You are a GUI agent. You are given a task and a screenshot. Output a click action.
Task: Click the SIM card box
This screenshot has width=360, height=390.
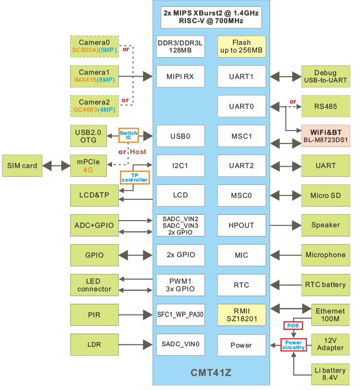tap(22, 166)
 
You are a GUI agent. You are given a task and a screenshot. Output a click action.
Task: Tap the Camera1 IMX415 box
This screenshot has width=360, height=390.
tap(94, 76)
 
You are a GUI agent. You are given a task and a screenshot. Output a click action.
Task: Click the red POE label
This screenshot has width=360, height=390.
tap(293, 326)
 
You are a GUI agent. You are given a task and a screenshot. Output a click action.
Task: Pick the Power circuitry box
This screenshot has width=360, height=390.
tap(294, 345)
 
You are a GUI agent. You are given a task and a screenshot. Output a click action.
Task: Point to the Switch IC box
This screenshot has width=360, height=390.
tap(129, 135)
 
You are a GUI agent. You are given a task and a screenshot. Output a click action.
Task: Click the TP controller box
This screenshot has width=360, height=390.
tap(135, 177)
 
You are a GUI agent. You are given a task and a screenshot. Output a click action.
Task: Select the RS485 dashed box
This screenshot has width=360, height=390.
tap(325, 106)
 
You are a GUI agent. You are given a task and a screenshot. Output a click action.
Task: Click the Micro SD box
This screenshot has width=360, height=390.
tap(325, 195)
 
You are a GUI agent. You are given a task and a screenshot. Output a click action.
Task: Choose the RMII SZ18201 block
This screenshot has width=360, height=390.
tap(241, 315)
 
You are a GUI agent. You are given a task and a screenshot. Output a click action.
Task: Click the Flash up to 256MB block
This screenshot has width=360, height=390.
tap(241, 47)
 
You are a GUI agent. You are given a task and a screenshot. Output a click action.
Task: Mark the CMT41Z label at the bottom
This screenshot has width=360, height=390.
tap(211, 372)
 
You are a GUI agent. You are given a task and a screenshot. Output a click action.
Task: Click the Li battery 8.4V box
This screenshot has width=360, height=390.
tap(330, 374)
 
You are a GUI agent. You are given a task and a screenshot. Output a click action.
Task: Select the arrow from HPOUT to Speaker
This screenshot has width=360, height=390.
tap(284, 225)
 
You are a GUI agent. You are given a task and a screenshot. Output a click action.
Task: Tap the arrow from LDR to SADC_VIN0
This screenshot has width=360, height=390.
tap(135, 345)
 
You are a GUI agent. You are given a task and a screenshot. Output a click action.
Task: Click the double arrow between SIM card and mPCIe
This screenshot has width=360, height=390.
tap(57, 166)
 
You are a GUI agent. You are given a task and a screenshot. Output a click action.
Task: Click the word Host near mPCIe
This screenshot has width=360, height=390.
tap(138, 152)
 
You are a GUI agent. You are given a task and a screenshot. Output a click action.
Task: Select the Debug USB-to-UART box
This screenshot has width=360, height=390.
tap(325, 76)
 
